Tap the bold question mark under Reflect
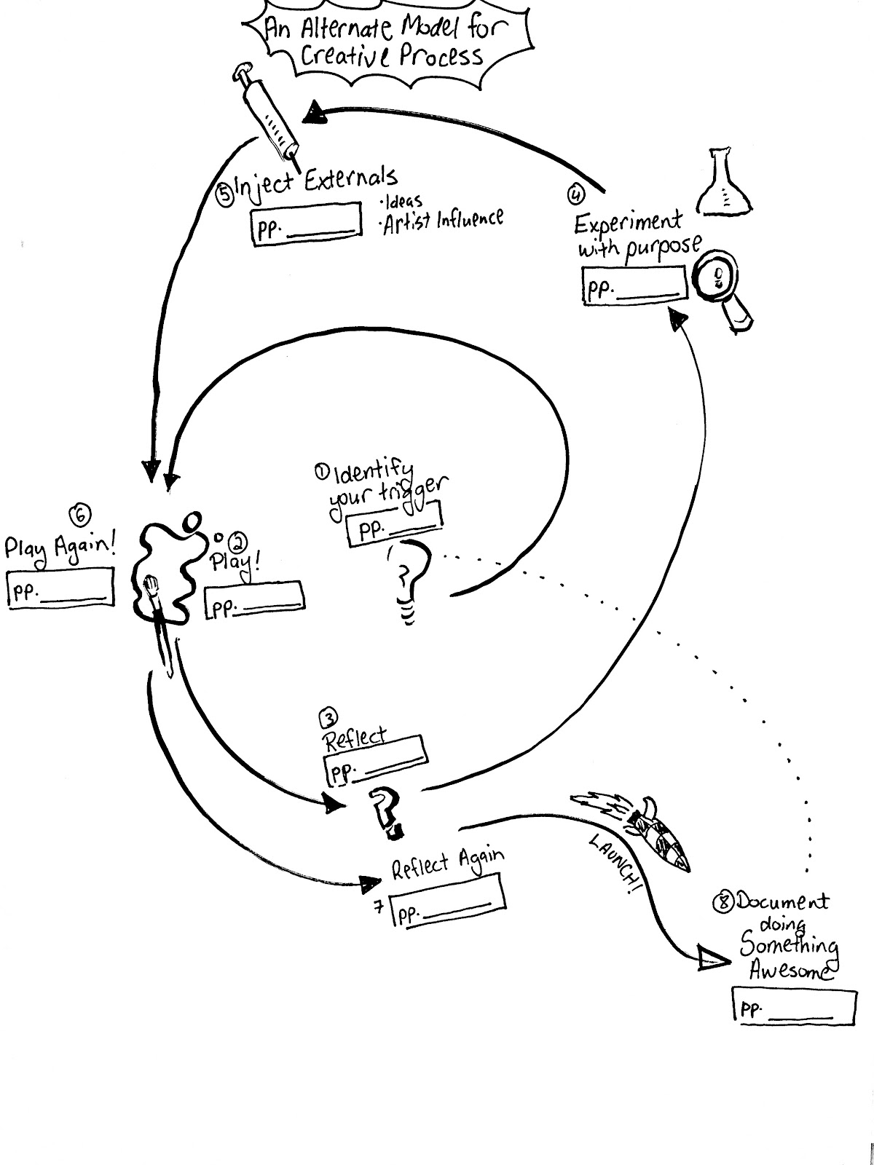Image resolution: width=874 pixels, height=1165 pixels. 384,812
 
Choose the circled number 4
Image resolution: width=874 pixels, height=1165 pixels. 575,194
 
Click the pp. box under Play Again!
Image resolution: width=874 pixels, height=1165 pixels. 60,588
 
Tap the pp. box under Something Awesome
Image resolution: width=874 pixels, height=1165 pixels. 792,1007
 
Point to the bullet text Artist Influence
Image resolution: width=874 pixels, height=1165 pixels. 444,219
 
